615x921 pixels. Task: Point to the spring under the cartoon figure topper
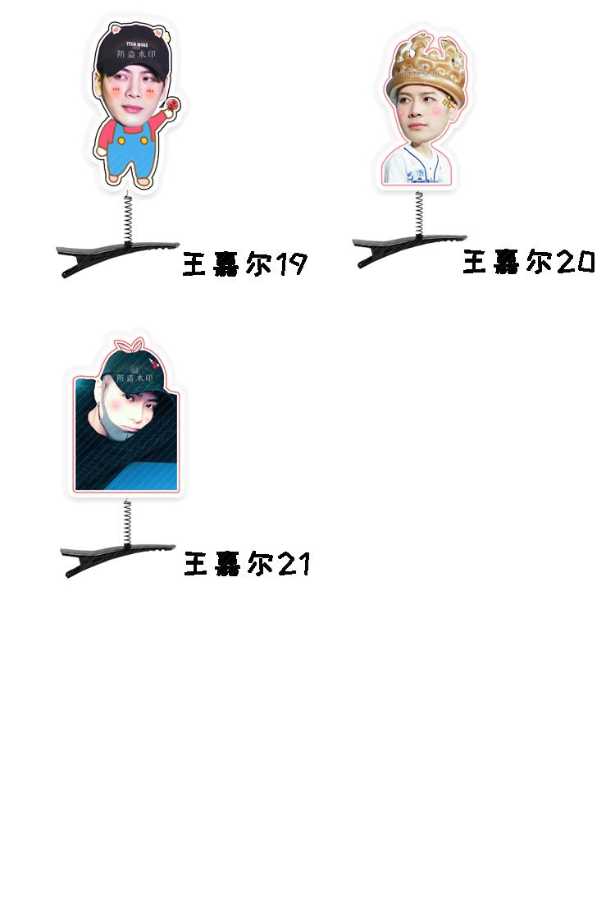128,218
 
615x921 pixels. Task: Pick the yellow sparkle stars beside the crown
448,102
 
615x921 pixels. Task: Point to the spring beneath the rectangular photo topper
127,522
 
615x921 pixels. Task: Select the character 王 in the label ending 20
476,263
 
